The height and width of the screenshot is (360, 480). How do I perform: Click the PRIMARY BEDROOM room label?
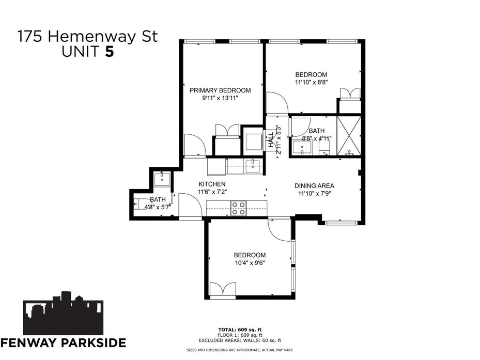coord(220,90)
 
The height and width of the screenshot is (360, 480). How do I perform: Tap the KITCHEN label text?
coord(212,184)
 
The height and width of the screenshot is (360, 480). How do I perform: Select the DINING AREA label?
coord(314,186)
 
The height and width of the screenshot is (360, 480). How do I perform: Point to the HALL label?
coord(271,139)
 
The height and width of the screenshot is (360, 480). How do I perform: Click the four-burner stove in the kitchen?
coord(239,208)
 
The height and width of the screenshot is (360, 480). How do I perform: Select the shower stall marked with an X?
coord(349,136)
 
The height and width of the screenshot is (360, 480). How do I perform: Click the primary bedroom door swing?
coord(195,146)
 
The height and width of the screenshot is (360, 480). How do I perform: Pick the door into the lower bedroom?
coord(279,230)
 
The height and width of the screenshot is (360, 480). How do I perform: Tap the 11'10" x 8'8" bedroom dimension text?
coord(312,82)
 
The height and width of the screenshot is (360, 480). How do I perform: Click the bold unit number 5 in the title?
coord(110,52)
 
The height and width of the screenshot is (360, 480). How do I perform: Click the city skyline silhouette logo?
coord(63,313)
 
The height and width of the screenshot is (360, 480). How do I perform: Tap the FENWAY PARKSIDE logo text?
coord(63,342)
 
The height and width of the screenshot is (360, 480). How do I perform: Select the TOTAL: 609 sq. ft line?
coord(240,330)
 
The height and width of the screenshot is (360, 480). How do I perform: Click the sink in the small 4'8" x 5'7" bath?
coord(162,179)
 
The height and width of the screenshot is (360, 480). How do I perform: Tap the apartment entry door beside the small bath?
coord(190,206)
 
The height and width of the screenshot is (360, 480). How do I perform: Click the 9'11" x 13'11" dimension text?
coord(220,98)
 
